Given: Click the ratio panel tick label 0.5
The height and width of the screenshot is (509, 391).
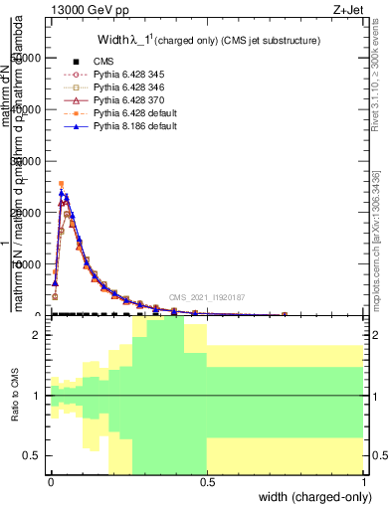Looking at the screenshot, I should click(x=33, y=455).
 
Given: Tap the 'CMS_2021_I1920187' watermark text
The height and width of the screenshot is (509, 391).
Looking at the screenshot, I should click(x=207, y=297).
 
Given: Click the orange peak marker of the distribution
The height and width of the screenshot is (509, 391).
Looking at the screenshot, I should click(x=61, y=184).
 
